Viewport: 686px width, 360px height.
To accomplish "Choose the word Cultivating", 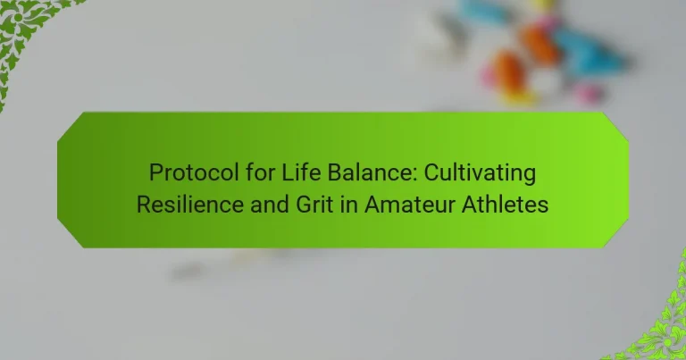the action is (480, 172).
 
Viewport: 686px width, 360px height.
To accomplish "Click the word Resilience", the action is (190, 205).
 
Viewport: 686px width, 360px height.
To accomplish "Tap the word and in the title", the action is (270, 205).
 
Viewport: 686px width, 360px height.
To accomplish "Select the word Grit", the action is (314, 205).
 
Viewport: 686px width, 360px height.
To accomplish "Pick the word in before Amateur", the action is (348, 205).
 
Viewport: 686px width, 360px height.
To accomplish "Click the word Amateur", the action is (409, 205).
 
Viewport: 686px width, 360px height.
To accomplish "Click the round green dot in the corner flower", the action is (18, 17).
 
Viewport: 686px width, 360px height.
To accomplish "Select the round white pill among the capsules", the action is (545, 81).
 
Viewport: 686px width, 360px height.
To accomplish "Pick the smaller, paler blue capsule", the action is (484, 12).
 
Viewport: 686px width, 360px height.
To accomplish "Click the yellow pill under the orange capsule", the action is (519, 97).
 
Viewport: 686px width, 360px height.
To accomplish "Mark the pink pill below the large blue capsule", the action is (589, 93).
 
